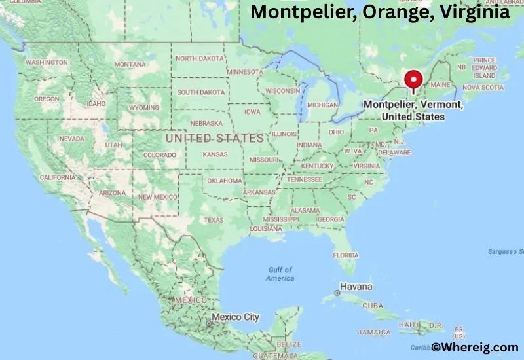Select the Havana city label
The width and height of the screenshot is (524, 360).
pyautogui.click(x=356, y=287)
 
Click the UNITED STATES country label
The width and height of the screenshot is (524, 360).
pyautogui.click(x=214, y=139)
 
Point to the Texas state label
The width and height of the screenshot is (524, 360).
pyautogui.click(x=214, y=220)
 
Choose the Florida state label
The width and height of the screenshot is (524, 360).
pyautogui.click(x=345, y=255)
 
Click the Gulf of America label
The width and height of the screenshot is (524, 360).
pyautogui.click(x=280, y=274)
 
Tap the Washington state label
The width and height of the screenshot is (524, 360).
pyautogui.click(x=47, y=62)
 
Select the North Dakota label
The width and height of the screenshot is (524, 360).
pyautogui.click(x=200, y=58)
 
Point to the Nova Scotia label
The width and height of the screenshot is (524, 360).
pyautogui.click(x=483, y=87)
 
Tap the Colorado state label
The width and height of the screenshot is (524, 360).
pyautogui.click(x=160, y=155)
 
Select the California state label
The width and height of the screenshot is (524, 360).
pyautogui.click(x=58, y=177)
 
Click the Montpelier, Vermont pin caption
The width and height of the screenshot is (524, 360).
pyautogui.click(x=413, y=111)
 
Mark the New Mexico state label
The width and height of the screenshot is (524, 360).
pyautogui.click(x=157, y=197)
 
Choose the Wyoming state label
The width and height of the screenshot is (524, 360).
pyautogui.click(x=144, y=107)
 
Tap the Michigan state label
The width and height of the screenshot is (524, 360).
pyautogui.click(x=322, y=105)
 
